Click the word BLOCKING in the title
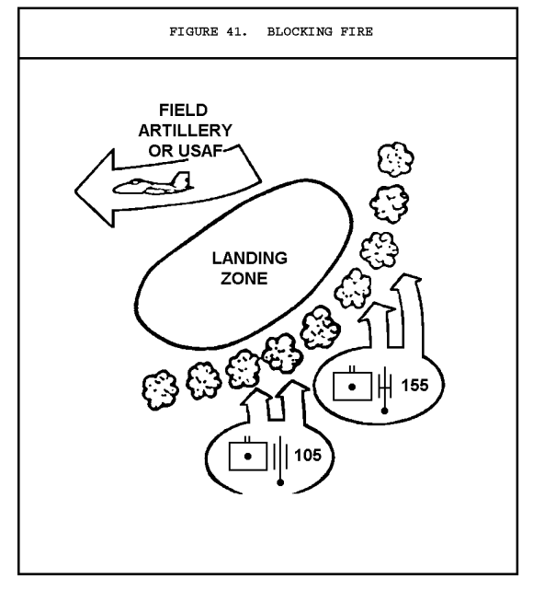(300, 31)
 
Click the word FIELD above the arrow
(183, 110)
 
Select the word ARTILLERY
(185, 131)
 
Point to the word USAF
(200, 151)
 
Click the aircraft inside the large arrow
(153, 183)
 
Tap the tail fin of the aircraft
(181, 180)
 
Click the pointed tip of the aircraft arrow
(75, 191)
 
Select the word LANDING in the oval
(250, 258)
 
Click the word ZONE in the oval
(244, 279)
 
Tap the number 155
(414, 385)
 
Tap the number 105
(308, 455)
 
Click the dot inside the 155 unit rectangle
(352, 387)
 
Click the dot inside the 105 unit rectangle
(247, 457)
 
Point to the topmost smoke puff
(395, 159)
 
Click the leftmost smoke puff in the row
(160, 389)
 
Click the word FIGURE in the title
(194, 31)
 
